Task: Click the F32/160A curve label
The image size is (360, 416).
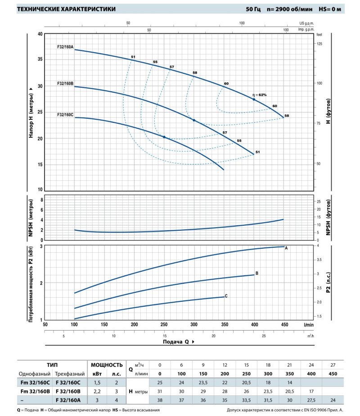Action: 65,46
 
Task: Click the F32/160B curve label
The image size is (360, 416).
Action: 65,83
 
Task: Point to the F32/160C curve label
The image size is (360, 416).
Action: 65,115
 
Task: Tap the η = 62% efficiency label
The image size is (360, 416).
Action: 260,95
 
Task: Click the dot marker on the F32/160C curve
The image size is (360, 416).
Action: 164,137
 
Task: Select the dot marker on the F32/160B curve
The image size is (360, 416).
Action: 194,120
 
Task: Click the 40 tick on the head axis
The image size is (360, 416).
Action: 40,34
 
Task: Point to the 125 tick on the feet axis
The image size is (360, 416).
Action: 319,44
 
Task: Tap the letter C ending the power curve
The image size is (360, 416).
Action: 226,295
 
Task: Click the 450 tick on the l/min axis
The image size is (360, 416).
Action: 284,324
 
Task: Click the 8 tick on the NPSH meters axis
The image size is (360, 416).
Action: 42,200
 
